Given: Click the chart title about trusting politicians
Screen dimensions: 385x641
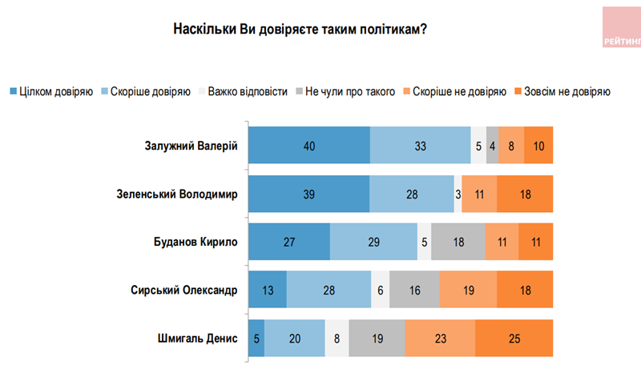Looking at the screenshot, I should click(300, 30).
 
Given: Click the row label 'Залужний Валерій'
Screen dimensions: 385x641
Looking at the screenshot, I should click(191, 145).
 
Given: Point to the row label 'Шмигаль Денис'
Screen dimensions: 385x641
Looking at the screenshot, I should click(199, 338).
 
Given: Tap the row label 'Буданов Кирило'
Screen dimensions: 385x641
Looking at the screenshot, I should click(196, 242).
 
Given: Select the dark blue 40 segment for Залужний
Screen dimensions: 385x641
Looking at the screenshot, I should click(309, 146).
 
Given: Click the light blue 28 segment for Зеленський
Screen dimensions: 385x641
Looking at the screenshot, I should click(412, 194).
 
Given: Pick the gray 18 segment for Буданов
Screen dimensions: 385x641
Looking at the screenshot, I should click(458, 242).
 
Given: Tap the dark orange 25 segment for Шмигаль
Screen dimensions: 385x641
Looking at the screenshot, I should click(514, 338).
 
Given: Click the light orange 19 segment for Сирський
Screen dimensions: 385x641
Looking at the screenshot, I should click(468, 290).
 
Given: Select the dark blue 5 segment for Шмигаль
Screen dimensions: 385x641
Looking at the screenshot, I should click(256, 338).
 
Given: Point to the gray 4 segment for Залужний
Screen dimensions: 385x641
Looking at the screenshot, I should click(492, 146).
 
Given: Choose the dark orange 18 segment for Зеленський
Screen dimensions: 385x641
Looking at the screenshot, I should click(525, 194).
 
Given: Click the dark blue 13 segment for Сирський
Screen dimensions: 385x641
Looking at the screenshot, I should click(268, 290).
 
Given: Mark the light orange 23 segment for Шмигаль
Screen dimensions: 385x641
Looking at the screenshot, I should click(440, 338).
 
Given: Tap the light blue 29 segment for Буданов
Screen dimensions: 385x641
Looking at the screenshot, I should click(373, 242).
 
